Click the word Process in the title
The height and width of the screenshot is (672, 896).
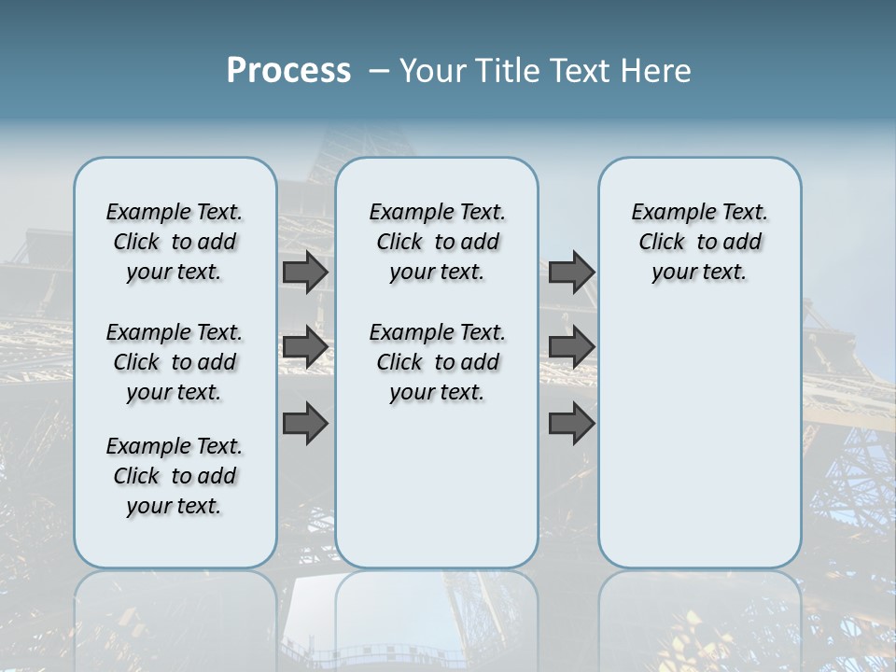[x=288, y=71]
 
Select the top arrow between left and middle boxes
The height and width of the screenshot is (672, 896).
[x=304, y=273]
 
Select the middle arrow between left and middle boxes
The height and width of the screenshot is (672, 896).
[x=304, y=347]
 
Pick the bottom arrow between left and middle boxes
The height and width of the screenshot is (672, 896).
[x=304, y=423]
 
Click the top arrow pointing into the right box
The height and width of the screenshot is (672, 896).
[x=571, y=273]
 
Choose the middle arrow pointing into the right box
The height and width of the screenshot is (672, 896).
[x=571, y=347]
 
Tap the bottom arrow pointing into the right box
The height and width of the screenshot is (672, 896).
[x=571, y=423]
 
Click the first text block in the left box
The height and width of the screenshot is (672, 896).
[x=175, y=242]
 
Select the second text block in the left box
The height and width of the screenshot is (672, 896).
[x=175, y=362]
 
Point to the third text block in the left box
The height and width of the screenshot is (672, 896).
[x=175, y=476]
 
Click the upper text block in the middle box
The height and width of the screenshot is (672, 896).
[x=437, y=242]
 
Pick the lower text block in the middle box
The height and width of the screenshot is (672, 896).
[x=437, y=362]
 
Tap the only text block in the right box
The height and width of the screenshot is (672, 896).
[x=699, y=242]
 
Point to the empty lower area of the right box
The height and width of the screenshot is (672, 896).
[x=699, y=439]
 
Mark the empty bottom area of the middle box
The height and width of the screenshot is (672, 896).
[x=437, y=495]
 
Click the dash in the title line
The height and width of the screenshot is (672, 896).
[x=379, y=71]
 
